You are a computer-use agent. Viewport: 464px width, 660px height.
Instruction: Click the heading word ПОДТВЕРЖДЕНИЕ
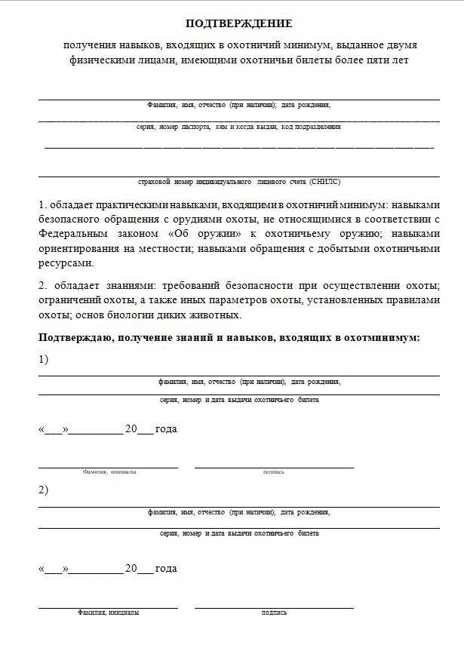click(238, 24)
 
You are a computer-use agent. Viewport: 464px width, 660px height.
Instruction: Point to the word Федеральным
click(72, 234)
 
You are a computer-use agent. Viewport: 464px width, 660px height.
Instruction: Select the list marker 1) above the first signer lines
click(43, 360)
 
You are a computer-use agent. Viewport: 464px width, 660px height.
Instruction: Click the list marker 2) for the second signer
click(43, 490)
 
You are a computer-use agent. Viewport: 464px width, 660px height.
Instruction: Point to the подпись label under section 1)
click(273, 472)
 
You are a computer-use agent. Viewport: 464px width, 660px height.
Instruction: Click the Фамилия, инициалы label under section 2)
click(108, 613)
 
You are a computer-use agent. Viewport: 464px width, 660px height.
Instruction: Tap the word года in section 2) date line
click(165, 569)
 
